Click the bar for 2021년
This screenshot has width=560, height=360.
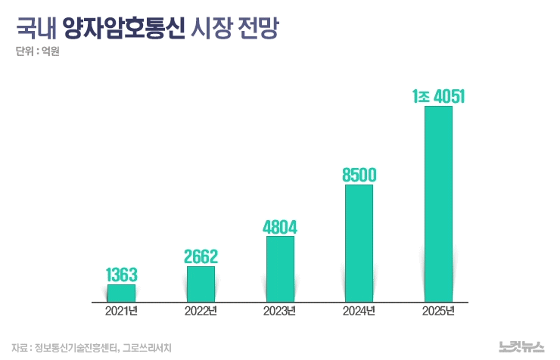click(121, 293)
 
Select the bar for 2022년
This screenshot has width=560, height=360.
click(201, 284)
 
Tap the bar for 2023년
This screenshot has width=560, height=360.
click(280, 268)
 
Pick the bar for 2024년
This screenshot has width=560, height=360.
click(359, 243)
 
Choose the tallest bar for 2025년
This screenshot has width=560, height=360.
click(438, 203)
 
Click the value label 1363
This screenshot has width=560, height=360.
click(121, 274)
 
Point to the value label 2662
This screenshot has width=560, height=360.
click(201, 256)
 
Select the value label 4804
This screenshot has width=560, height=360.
click(280, 226)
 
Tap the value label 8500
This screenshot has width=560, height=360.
click(359, 175)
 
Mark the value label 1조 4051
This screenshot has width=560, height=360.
click(438, 96)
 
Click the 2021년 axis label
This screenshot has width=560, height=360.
click(121, 312)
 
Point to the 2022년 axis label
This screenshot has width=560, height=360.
click(201, 312)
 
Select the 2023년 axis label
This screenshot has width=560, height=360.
click(280, 312)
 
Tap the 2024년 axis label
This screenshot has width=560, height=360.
click(359, 312)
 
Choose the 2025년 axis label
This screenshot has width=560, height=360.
click(438, 312)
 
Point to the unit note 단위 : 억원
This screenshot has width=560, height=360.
click(36, 53)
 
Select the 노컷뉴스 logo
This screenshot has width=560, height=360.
click(521, 346)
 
